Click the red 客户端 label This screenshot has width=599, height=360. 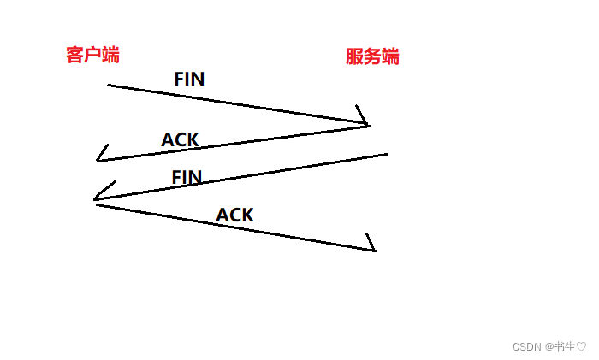coord(92,56)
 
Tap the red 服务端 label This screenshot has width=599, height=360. coord(372,57)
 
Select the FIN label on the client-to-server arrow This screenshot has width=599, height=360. coord(189,80)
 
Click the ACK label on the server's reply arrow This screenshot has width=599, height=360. coord(180,139)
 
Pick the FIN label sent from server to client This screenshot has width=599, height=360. coord(187,178)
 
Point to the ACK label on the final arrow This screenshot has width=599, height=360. coord(234,215)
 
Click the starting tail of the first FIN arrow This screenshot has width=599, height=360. coord(110,85)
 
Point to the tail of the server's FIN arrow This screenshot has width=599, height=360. coord(386,155)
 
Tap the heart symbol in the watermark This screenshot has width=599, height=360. coord(581,347)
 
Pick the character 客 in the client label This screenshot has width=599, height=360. coord(74,56)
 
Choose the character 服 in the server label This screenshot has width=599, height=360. coord(354,57)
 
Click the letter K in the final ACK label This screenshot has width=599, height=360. coord(246,215)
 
